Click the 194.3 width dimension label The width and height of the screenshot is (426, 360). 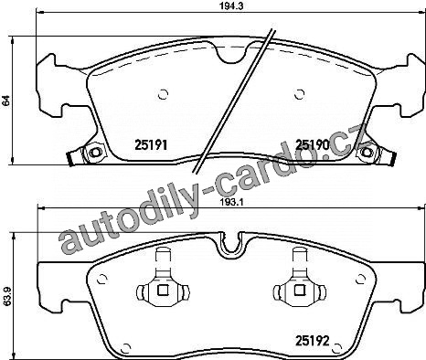pyautogui.click(x=230, y=6)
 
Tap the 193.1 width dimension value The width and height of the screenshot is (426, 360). pyautogui.click(x=230, y=202)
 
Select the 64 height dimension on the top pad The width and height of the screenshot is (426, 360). pyautogui.click(x=6, y=101)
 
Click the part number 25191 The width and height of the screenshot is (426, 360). pyautogui.click(x=151, y=145)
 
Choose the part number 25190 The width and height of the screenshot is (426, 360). pyautogui.click(x=313, y=145)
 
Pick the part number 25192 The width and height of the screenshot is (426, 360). pyautogui.click(x=313, y=341)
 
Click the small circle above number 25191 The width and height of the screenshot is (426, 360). pyautogui.click(x=164, y=94)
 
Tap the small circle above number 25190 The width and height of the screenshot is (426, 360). pyautogui.click(x=300, y=94)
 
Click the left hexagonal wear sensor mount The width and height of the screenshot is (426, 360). pyautogui.click(x=94, y=152)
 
